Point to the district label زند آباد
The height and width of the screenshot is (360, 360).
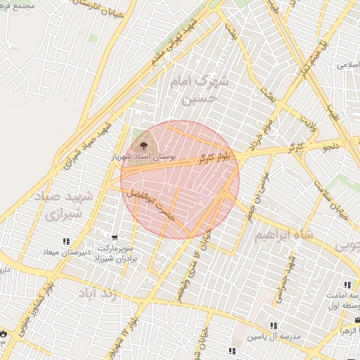tap(95, 292)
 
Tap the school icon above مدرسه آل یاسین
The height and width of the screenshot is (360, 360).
tap(274, 326)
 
